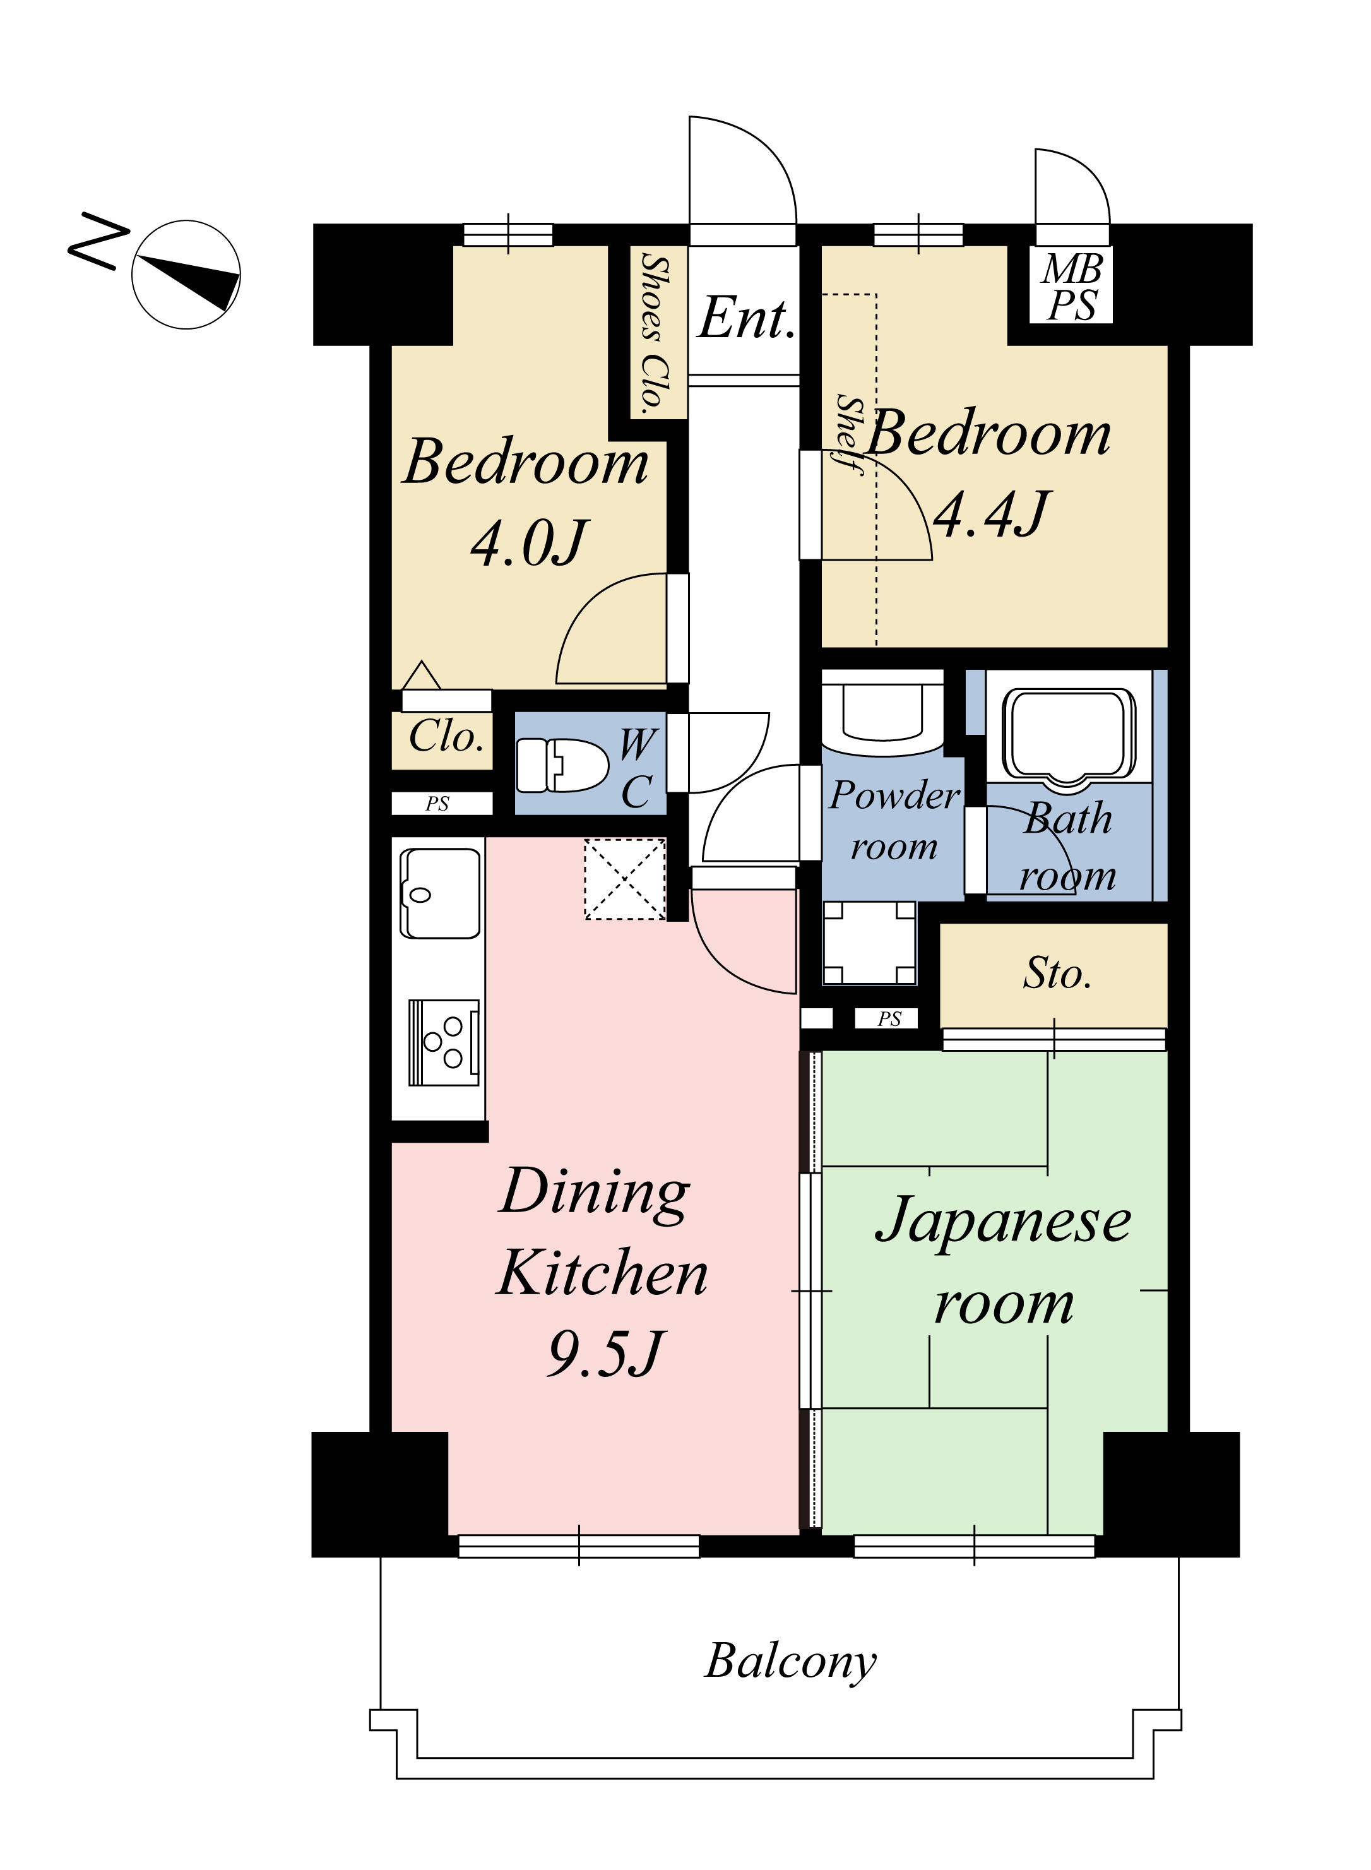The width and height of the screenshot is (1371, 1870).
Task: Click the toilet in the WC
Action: (x=562, y=765)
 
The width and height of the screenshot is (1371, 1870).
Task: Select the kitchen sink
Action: (x=440, y=892)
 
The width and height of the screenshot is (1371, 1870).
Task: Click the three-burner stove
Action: (x=444, y=1042)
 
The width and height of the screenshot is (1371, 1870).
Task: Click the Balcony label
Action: (x=791, y=1662)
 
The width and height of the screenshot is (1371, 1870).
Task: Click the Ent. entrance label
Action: (x=746, y=318)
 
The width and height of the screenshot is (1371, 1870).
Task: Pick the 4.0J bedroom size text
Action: (x=530, y=544)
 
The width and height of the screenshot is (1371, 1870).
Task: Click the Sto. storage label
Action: (x=1057, y=973)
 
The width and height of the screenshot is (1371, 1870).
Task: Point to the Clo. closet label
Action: (x=446, y=735)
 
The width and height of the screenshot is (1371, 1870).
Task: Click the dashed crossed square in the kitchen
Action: (x=625, y=879)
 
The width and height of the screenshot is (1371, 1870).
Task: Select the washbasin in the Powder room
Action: (x=882, y=712)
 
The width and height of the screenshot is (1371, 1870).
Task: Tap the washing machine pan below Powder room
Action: (x=869, y=943)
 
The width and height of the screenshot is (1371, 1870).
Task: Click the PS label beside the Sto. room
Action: (x=889, y=1018)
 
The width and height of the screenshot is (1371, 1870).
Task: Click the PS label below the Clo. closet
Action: (x=437, y=804)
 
